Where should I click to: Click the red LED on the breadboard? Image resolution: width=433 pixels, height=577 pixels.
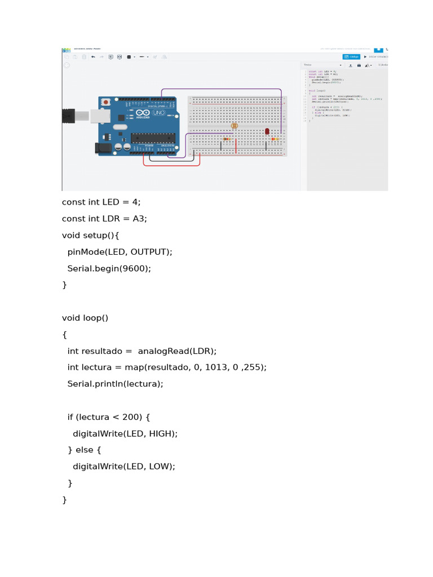tap(267, 131)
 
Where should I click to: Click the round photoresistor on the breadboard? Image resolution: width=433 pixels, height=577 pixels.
tap(235, 127)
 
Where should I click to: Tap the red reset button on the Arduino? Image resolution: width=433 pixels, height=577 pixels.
tap(105, 102)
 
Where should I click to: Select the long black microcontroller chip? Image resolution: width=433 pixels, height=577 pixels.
tap(153, 137)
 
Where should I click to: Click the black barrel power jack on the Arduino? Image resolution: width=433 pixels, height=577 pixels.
tap(103, 148)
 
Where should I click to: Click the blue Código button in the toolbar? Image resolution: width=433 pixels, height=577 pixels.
tap(352, 56)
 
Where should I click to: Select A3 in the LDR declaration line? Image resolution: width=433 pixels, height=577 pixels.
tap(139, 219)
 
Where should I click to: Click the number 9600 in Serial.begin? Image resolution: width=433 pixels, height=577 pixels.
tap(136, 268)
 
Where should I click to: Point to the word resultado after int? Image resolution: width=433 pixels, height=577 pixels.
tap(102, 351)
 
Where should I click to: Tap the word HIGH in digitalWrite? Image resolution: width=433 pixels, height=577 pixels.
tap(161, 433)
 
